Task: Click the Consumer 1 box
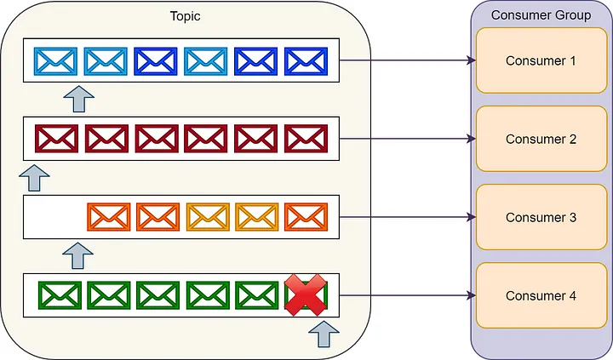[x=541, y=60]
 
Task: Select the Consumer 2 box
[x=541, y=139]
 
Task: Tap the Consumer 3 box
[x=541, y=217]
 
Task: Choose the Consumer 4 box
[x=541, y=295]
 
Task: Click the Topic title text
[x=186, y=16]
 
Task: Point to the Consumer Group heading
[x=541, y=15]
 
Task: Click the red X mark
[x=306, y=294]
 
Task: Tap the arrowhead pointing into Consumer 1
[x=472, y=60]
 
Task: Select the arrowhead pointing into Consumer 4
[x=472, y=295]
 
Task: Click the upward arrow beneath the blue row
[x=79, y=99]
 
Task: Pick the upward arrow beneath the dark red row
[x=34, y=178]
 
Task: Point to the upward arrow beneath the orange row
[x=77, y=255]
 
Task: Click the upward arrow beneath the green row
[x=324, y=334]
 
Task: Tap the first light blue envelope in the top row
[x=55, y=61]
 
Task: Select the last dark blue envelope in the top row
[x=306, y=61]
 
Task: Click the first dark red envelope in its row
[x=56, y=139]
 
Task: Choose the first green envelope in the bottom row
[x=60, y=295]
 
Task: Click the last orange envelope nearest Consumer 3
[x=306, y=217]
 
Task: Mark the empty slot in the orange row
[x=55, y=217]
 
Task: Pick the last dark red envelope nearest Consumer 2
[x=306, y=139]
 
